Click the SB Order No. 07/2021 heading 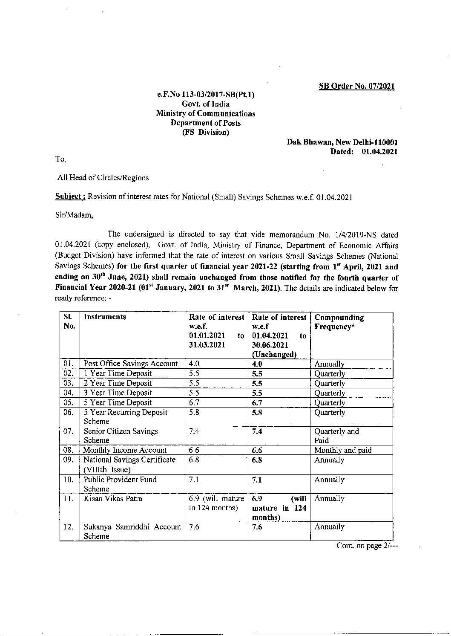pos(357,87)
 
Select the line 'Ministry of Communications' pos(206,113)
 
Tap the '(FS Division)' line pos(206,132)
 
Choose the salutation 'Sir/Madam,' pos(74,215)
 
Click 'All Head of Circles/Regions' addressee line pos(103,178)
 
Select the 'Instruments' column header pos(105,317)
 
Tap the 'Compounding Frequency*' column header pos(339,322)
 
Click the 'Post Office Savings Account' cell pos(131,364)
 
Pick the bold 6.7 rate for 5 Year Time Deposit pos(257,403)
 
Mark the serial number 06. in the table pos(69,413)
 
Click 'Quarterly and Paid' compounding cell pos(336,436)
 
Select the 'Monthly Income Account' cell pos(125,450)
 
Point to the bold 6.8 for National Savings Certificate pos(257,460)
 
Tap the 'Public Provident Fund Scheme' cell pos(120,484)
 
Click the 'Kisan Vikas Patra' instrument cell pos(113,499)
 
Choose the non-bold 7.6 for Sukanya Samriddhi pos(194,527)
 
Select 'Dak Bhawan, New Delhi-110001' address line pos(342,142)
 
